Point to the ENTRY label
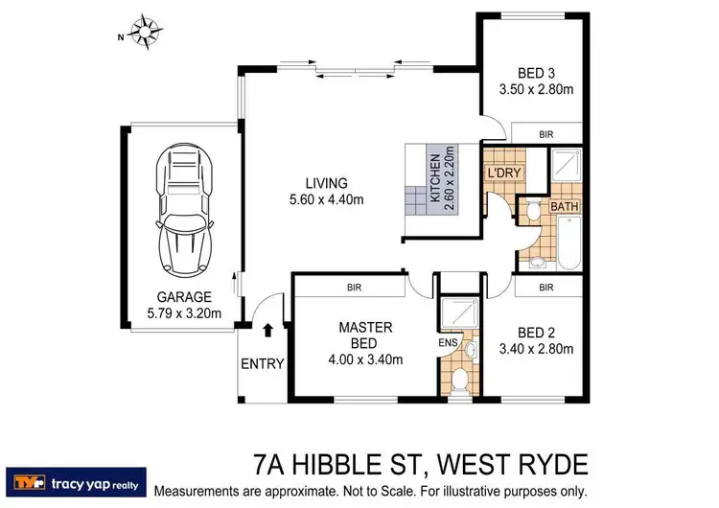click(263, 363)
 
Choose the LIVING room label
click(326, 183)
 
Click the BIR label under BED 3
click(546, 133)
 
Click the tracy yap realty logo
click(76, 479)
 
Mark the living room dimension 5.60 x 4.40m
click(326, 199)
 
